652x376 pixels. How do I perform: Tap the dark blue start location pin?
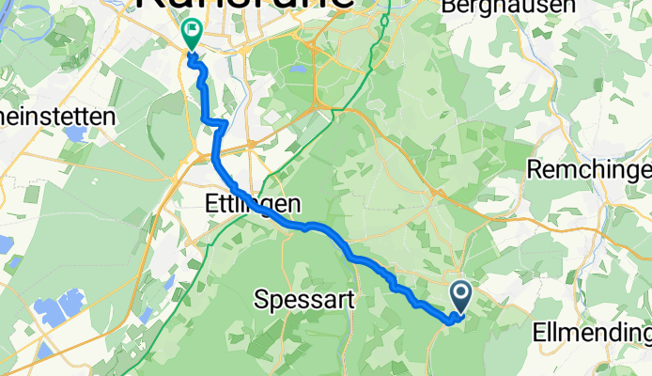[461, 297]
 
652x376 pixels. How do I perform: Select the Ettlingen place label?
[253, 203]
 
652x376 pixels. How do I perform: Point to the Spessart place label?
[304, 301]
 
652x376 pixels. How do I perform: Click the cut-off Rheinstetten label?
[56, 117]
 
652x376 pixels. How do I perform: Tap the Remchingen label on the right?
[589, 169]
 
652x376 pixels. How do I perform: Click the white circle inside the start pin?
[461, 292]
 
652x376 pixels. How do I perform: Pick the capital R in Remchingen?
[535, 169]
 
